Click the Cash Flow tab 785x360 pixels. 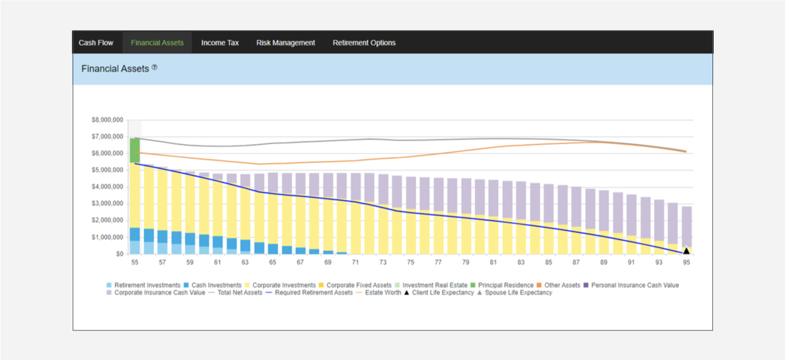96,43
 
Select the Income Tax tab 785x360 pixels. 220,43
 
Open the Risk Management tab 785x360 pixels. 286,43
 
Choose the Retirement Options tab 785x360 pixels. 364,43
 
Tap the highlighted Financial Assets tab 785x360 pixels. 157,43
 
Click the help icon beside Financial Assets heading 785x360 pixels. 154,67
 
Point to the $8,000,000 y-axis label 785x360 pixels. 107,120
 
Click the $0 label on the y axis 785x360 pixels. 120,254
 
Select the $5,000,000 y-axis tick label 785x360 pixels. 107,170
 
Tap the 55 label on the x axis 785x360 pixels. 135,262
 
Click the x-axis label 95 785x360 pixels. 686,262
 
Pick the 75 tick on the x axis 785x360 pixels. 410,262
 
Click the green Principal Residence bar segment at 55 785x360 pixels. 135,151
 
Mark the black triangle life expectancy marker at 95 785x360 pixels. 686,250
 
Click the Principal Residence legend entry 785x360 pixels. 502,285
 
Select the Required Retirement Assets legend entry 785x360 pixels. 309,293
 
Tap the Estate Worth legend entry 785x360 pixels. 379,293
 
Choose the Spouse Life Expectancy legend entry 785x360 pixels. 515,293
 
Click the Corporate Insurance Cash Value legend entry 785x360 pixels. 156,293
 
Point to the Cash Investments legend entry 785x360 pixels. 213,285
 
